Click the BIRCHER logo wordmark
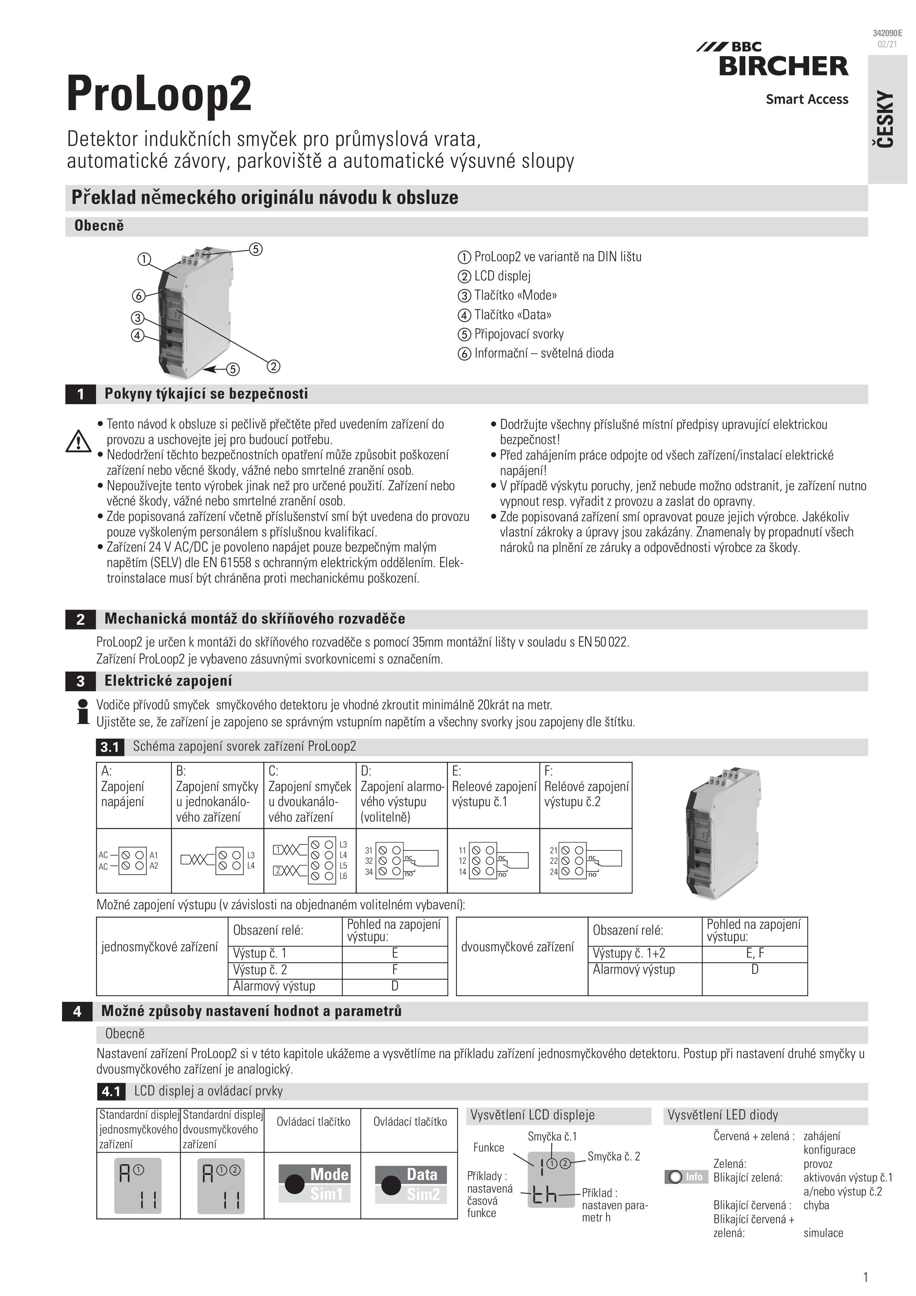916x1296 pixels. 783,66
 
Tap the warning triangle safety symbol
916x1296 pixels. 78,441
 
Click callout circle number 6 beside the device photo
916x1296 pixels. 139,295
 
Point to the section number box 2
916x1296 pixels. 80,619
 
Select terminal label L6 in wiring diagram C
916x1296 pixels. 343,876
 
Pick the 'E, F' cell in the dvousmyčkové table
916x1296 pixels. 755,954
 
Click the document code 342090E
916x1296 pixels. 887,33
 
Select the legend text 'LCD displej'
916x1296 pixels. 502,276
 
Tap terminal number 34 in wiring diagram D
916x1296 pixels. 369,872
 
